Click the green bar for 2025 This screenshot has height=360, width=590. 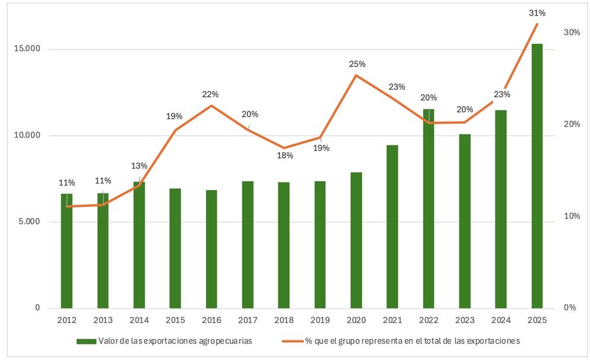coord(537,176)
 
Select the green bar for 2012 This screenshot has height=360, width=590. coord(66,251)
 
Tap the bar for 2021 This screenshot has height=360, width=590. coord(392,226)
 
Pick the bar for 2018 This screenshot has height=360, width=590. coord(284,245)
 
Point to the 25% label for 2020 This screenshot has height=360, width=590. coord(357,64)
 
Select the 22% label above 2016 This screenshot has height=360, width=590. coord(211,94)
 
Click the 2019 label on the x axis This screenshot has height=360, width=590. coord(320,320)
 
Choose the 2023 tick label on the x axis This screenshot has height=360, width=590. coord(464,320)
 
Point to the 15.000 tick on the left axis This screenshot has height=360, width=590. coord(27,49)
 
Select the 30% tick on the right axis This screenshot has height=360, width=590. coord(572,32)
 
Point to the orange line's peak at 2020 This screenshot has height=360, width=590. coord(356,75)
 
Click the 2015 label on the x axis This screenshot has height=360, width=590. coord(175,320)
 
